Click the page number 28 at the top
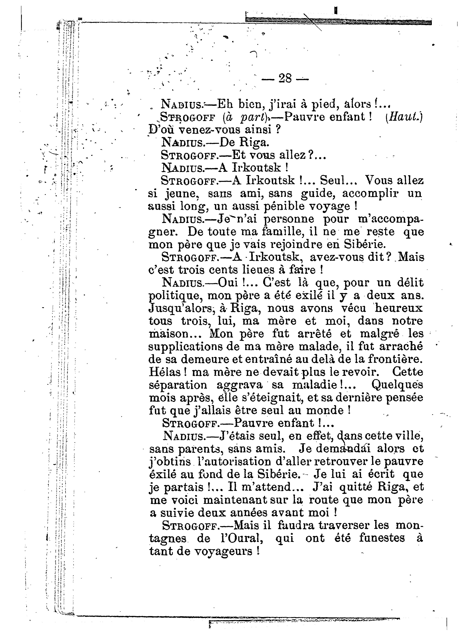coord(285,78)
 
